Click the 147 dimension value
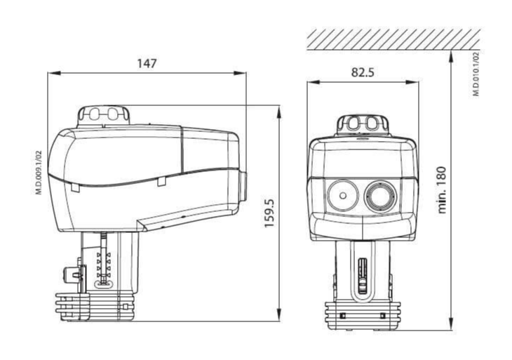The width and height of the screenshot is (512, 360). coord(147,63)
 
